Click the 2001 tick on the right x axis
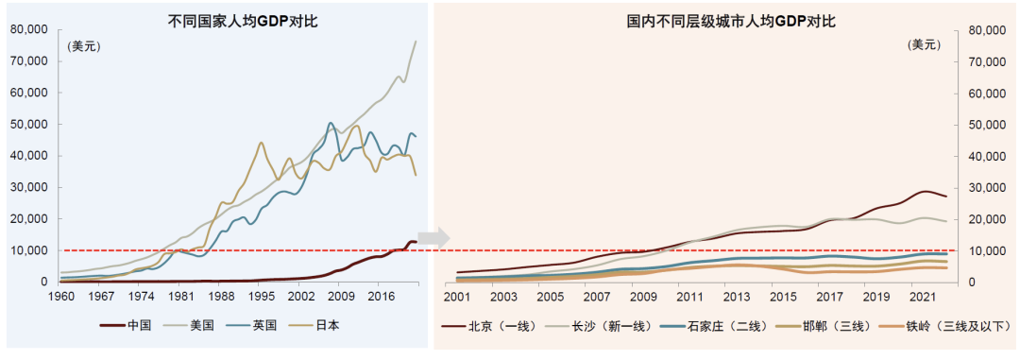click(457, 297)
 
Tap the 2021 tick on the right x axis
click(915, 297)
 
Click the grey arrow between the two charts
click(431, 237)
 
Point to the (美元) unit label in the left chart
click(83, 45)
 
